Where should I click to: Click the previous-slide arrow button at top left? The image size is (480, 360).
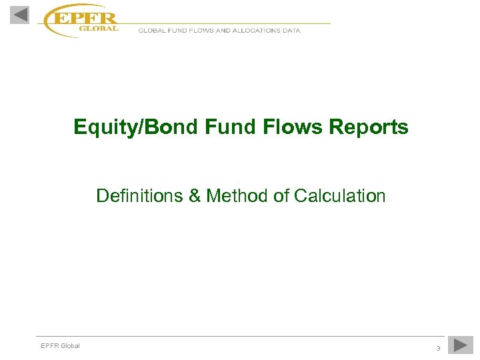20,14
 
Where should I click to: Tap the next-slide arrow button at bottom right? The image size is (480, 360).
460,345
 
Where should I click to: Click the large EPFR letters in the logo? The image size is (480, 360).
85,18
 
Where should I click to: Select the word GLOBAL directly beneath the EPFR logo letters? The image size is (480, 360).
99,29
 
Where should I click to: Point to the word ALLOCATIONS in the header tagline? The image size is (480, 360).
257,31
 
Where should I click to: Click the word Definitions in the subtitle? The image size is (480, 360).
139,196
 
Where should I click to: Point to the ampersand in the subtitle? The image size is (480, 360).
195,196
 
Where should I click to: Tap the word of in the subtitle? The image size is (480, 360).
280,196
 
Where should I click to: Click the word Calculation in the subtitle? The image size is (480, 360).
339,196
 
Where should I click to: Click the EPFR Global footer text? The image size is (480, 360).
60,345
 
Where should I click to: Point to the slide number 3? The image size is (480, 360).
438,348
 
